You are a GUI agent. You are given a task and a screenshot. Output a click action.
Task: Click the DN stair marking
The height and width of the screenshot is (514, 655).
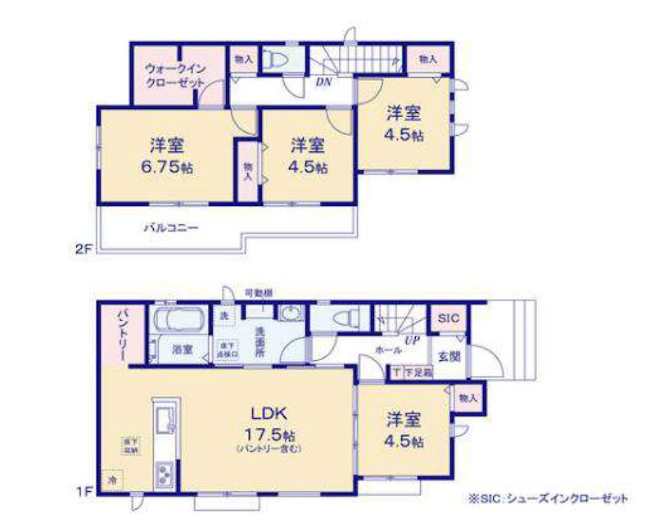[x=323, y=82]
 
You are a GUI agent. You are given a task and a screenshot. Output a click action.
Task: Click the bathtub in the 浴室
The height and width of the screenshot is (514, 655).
[x=178, y=318]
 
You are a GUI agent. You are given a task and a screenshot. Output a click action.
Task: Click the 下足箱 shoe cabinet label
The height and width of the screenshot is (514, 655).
[x=417, y=372]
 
